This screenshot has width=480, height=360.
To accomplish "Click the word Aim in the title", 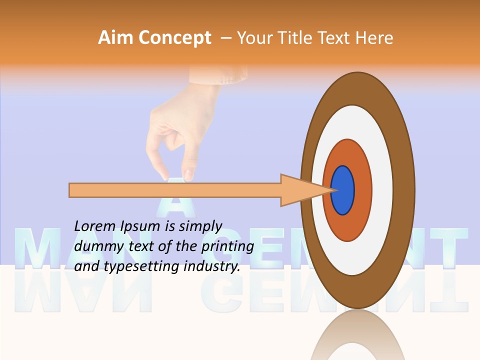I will point(115,38).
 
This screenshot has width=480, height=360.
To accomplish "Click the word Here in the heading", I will point(375,38).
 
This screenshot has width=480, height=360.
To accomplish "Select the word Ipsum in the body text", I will point(140,226).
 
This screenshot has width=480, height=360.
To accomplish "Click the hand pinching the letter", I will point(172,140).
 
